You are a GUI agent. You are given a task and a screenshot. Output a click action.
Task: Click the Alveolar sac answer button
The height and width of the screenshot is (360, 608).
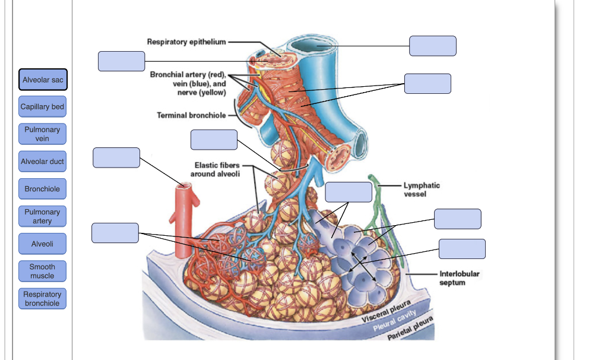tap(42, 80)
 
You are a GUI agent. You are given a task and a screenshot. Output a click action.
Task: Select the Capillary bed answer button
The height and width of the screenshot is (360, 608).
tap(42, 107)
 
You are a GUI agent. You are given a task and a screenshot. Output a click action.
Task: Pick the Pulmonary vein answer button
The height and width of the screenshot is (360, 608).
tap(42, 134)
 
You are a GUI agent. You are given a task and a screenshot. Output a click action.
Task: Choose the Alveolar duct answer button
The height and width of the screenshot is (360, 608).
tap(42, 162)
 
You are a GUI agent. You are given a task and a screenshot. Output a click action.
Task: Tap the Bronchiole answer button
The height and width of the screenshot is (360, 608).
tap(42, 189)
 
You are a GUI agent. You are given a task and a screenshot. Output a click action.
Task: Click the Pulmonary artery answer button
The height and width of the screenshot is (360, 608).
tap(42, 216)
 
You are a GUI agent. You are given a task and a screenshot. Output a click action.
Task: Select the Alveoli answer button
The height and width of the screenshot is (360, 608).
tap(42, 244)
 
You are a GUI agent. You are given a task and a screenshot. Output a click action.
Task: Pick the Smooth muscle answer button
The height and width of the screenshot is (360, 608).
tap(42, 271)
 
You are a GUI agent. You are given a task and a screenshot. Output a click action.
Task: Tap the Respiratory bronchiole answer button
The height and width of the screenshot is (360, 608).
tap(42, 299)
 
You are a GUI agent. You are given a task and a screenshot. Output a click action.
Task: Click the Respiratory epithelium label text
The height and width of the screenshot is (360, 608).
tap(186, 42)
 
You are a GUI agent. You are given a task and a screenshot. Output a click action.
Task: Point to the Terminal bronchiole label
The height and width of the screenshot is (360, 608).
tap(191, 115)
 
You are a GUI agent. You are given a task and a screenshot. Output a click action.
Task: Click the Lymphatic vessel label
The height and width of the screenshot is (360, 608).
tap(422, 190)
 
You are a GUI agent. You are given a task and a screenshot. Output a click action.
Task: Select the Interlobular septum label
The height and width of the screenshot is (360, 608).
tap(459, 278)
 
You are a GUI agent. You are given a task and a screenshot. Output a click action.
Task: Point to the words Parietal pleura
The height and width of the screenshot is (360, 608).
tap(410, 329)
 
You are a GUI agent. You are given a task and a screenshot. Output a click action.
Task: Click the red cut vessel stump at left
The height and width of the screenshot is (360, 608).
tap(186, 202)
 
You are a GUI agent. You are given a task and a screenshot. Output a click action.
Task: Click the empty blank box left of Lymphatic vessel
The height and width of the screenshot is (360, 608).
tap(349, 192)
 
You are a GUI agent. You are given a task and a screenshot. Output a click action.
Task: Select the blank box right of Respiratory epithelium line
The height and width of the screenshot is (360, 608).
tap(432, 46)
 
